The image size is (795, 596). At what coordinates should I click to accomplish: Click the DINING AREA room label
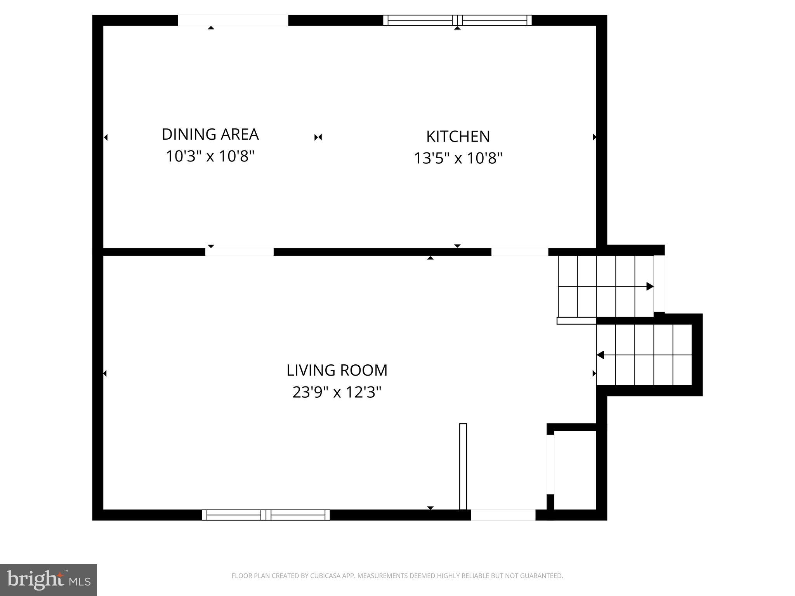(x=210, y=134)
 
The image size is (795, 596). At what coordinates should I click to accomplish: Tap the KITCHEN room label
(x=458, y=137)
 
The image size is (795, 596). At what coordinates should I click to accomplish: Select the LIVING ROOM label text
(x=337, y=370)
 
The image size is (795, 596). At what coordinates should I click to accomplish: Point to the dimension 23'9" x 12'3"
(x=337, y=392)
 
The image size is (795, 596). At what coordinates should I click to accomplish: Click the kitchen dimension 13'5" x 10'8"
(x=458, y=158)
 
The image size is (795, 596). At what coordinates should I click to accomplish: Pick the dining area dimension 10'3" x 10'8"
(x=210, y=156)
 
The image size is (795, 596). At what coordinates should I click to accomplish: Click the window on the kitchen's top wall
(x=457, y=20)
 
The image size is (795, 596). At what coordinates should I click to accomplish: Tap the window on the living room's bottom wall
(x=266, y=515)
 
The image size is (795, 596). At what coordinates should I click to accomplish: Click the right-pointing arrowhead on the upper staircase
(x=649, y=287)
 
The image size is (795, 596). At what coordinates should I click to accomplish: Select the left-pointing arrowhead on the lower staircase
(x=601, y=355)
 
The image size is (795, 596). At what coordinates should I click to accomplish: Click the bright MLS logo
(x=49, y=580)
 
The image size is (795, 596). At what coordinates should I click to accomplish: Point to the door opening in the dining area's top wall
(x=233, y=20)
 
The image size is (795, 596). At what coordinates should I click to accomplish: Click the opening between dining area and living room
(x=239, y=252)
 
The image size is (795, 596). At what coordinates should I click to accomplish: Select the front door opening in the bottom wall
(x=503, y=515)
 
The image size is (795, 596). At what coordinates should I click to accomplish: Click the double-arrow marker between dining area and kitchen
(x=318, y=137)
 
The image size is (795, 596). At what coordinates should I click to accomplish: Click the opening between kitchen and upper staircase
(x=519, y=252)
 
